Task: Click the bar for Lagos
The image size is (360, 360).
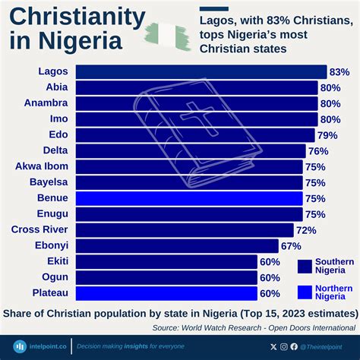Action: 201,71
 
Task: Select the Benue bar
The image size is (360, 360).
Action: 190,198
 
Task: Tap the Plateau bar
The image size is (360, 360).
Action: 167,293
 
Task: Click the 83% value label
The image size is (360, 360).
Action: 339,71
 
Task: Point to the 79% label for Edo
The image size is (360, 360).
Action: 327,135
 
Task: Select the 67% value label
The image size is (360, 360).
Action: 291,246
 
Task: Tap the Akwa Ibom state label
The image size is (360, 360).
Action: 42,166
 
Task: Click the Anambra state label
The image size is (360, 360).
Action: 46,103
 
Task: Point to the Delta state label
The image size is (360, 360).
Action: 55,150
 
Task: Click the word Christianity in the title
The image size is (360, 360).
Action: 77,17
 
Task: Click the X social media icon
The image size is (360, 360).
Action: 273,346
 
